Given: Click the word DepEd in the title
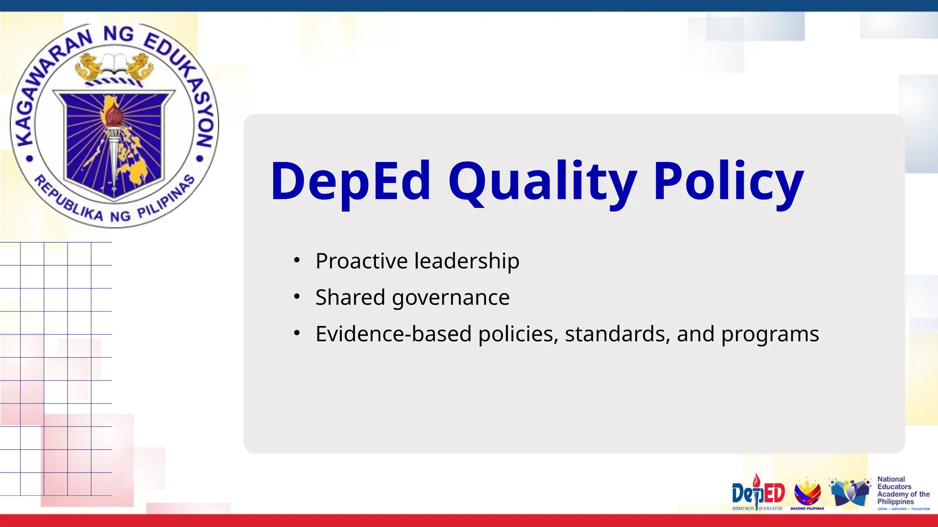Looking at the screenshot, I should [x=350, y=182].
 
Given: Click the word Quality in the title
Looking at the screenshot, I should [x=543, y=182].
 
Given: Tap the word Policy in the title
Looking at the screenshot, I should [x=728, y=182].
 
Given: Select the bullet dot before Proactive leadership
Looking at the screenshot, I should [x=297, y=261].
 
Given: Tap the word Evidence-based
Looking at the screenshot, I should [x=393, y=334].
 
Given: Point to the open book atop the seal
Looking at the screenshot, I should [x=114, y=63].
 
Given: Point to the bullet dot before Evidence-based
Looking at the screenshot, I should [x=297, y=333].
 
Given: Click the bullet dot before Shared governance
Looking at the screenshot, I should [x=297, y=297].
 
